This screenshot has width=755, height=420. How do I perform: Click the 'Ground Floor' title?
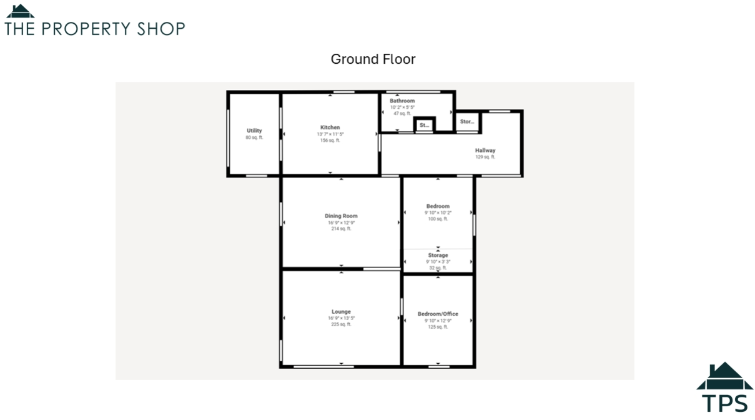[x=373, y=59]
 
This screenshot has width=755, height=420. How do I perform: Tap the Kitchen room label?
[x=330, y=127]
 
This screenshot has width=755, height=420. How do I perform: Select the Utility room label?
[x=254, y=131]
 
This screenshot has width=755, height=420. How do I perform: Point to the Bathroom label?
[x=402, y=101]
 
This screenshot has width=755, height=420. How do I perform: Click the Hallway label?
[x=485, y=151]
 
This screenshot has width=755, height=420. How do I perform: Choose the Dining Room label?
[x=341, y=216]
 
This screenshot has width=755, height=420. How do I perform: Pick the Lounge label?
[x=341, y=311]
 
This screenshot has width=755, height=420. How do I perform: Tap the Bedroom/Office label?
[x=438, y=314]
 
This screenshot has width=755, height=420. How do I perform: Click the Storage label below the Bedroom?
[x=438, y=256]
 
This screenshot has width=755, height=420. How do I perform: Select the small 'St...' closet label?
[x=425, y=125]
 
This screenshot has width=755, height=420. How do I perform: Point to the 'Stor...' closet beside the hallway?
[x=467, y=121]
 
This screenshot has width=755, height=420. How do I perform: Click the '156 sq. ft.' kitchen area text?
[x=330, y=141]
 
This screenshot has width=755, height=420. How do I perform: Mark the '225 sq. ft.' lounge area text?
[x=341, y=324]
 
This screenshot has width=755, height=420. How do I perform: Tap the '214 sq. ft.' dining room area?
[x=341, y=229]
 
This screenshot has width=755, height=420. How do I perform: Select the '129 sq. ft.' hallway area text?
[x=485, y=157]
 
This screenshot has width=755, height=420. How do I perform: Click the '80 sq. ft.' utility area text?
[x=254, y=137]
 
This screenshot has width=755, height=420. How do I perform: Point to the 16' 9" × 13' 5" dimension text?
[x=341, y=318]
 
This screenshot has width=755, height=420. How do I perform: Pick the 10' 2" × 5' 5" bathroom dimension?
[x=402, y=107]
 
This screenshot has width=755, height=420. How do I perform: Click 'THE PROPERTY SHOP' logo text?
[x=95, y=29]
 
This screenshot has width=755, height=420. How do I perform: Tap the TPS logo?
[x=724, y=389]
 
